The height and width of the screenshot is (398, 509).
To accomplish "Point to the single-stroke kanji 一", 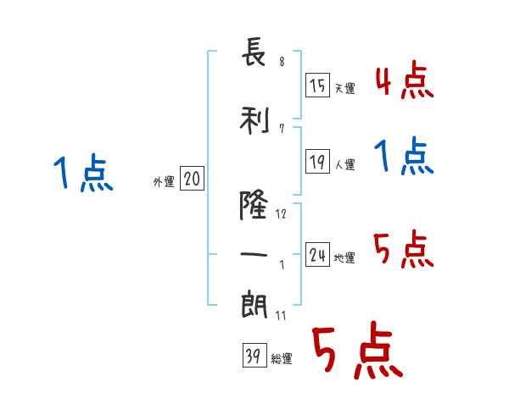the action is click(255, 252).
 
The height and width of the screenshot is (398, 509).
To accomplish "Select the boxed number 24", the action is click(318, 255).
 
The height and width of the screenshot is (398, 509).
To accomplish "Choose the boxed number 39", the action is click(254, 357).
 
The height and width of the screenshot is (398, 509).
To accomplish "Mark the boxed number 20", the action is click(193, 179).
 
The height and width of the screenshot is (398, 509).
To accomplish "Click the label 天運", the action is click(344, 87).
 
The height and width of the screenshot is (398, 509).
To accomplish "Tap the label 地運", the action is click(344, 257).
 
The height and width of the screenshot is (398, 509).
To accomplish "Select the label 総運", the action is click(281, 359).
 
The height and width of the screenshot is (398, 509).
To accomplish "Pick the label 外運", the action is click(163, 181).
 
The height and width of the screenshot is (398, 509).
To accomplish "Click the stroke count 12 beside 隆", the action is click(281, 214).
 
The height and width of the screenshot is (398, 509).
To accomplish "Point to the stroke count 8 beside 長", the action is click(281, 62).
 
